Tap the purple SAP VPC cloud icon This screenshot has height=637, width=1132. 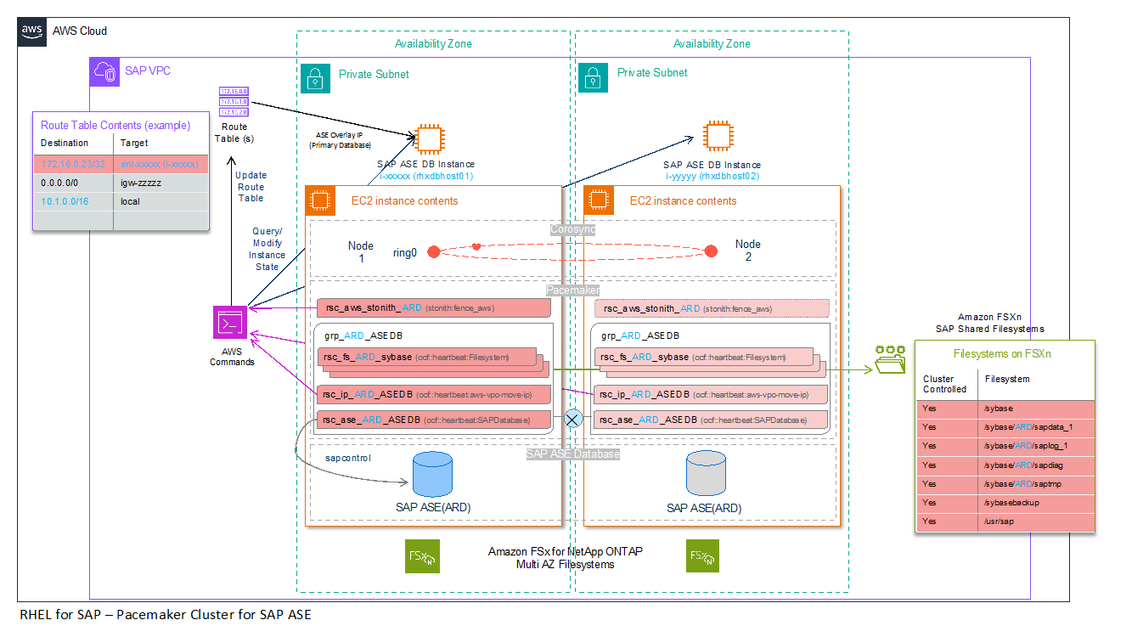pyautogui.click(x=105, y=71)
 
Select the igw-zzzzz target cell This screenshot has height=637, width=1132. pyautogui.click(x=161, y=182)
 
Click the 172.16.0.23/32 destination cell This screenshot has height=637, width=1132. pyautogui.click(x=73, y=163)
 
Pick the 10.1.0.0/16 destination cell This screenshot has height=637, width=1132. pyautogui.click(x=73, y=201)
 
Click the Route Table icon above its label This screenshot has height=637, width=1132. pyautogui.click(x=233, y=101)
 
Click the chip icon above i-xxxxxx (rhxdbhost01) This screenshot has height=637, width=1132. pyautogui.click(x=426, y=138)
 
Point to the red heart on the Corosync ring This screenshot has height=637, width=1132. pyautogui.click(x=477, y=246)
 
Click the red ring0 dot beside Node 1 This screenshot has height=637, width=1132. pyautogui.click(x=433, y=252)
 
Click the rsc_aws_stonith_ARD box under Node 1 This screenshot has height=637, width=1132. pyautogui.click(x=433, y=307)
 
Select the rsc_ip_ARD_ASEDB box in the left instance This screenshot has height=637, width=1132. pyautogui.click(x=433, y=394)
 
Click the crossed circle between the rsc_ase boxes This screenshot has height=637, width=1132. pyautogui.click(x=573, y=419)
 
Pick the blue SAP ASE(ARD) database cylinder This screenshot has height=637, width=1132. pyautogui.click(x=433, y=474)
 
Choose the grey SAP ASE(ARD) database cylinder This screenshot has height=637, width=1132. pyautogui.click(x=705, y=474)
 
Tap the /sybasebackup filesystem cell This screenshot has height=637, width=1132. pyautogui.click(x=1034, y=503)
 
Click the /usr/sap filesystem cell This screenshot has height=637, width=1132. pyautogui.click(x=1034, y=521)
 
